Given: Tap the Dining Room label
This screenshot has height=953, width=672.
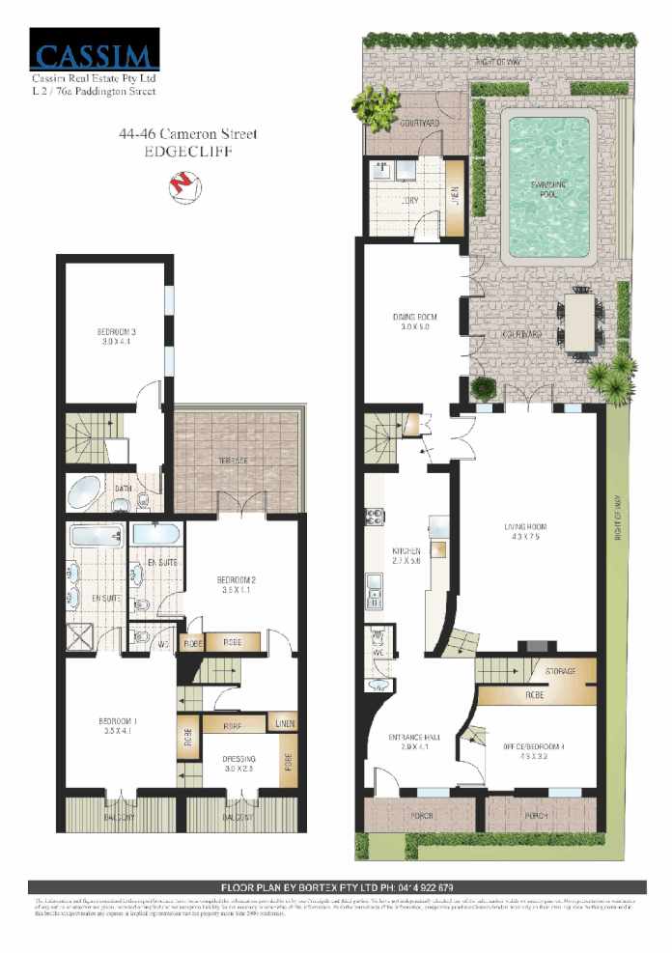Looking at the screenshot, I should click(415, 322).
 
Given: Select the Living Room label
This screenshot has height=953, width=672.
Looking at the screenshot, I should click(526, 531).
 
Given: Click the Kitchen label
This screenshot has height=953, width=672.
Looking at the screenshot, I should click(406, 555).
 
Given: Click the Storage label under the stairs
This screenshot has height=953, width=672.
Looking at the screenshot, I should click(560, 671).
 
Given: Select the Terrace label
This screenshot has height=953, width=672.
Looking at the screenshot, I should click(231, 462).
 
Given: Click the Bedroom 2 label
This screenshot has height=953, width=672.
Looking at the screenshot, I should click(238, 585).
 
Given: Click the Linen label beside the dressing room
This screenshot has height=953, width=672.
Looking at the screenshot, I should click(284, 723).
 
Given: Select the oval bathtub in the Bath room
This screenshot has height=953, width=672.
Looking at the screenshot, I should click(89, 491).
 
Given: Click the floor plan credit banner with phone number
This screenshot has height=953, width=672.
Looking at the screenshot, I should click(337, 886).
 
